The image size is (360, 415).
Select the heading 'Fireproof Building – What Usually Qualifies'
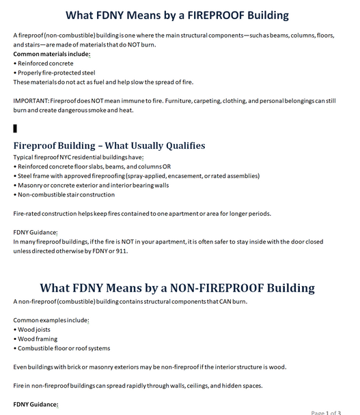[109, 145]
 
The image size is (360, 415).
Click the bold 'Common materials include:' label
[52, 54]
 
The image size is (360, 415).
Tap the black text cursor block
[15, 128]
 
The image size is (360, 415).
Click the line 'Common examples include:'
[51, 320]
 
